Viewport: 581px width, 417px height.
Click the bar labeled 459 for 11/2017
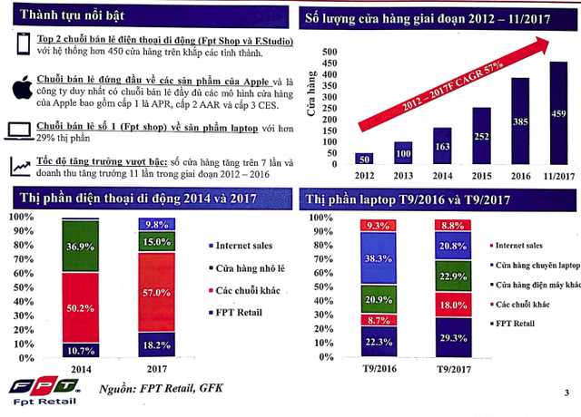click(559, 113)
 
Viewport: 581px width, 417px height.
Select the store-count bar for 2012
click(363, 159)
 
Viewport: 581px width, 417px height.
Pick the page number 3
click(565, 392)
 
